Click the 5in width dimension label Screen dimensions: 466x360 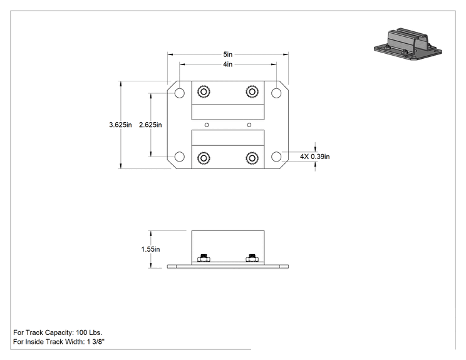coord(227,54)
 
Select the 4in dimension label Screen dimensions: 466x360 coord(227,64)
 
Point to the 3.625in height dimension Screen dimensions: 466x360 coord(120,125)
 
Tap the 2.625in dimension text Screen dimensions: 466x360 coord(150,125)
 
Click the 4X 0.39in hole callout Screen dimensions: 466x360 coord(314,157)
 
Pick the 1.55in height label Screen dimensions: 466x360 coord(150,249)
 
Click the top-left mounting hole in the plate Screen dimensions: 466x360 coord(180,93)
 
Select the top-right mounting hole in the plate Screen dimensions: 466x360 coord(276,93)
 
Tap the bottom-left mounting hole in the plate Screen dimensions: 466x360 coord(180,157)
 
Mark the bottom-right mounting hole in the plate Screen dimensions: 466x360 coord(276,157)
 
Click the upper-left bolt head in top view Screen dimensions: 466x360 coord(204,91)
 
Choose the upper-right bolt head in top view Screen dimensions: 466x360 coord(252,91)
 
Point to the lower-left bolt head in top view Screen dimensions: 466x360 coord(204,158)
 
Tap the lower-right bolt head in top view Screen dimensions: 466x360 coord(252,158)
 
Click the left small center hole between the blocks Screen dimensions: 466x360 coord(207,125)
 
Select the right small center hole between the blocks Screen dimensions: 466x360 coord(249,125)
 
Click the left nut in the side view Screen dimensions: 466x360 coord(204,258)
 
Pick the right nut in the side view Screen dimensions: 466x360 coord(252,258)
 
